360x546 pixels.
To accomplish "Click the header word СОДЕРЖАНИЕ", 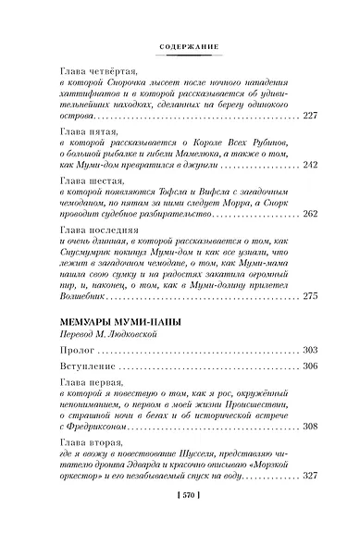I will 180,43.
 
